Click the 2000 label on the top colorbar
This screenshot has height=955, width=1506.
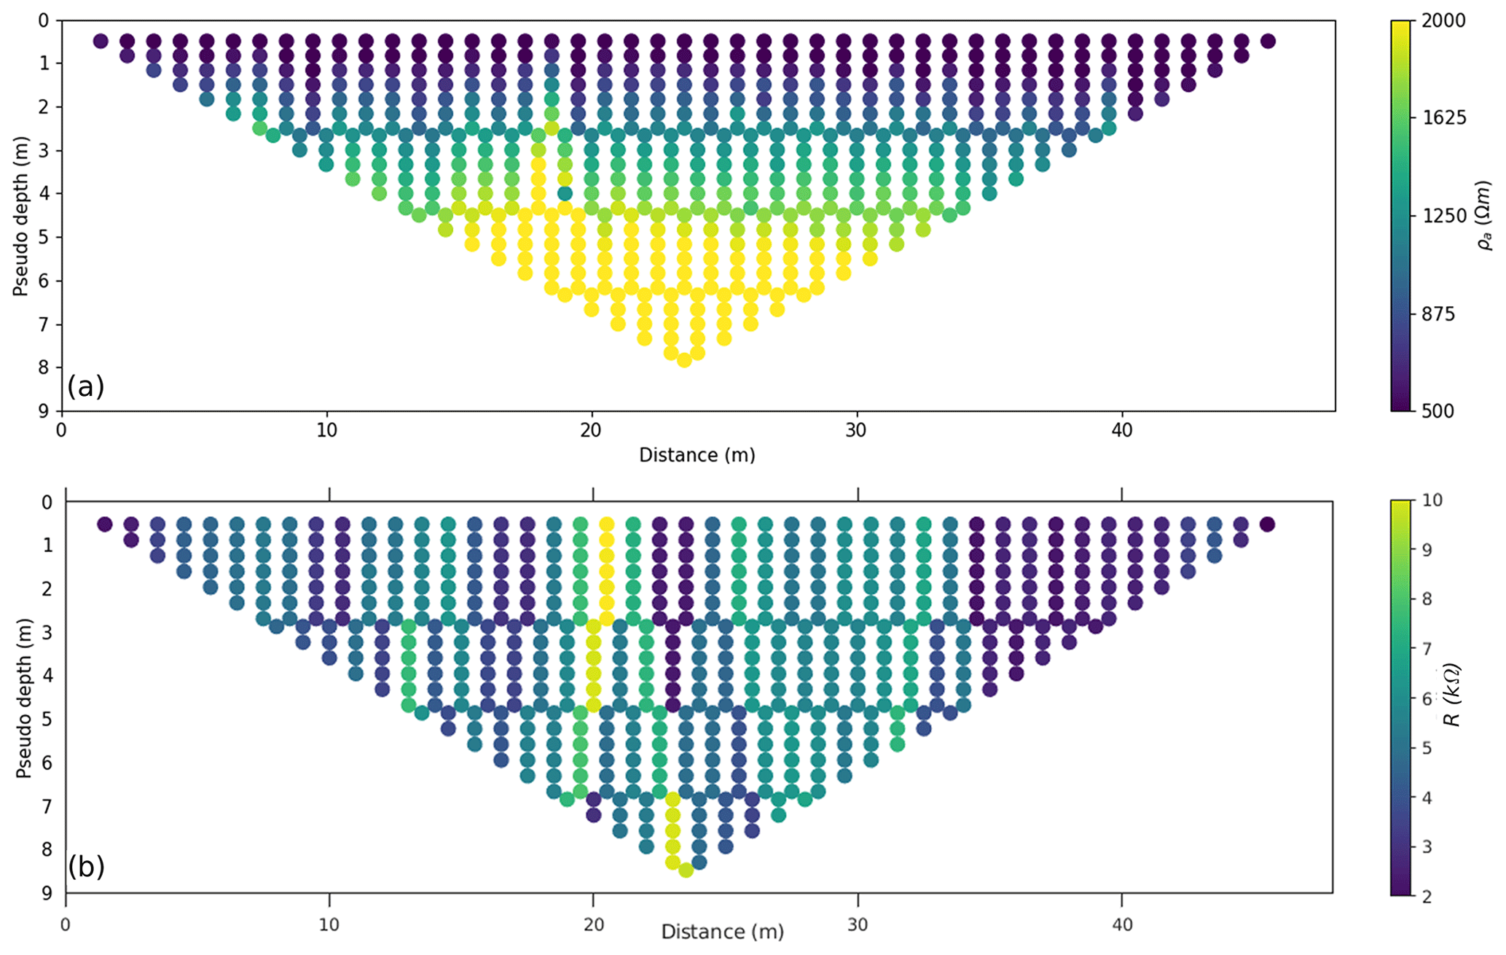(1444, 20)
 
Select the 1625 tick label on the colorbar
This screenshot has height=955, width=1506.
(1444, 118)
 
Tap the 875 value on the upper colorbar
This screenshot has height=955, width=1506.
(1439, 313)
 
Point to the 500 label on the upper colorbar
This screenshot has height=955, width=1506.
(1439, 411)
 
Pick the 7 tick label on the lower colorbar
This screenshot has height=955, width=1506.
(1427, 649)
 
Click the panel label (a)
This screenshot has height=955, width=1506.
(86, 386)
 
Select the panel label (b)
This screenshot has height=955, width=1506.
(86, 867)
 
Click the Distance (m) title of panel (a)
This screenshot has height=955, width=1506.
(697, 456)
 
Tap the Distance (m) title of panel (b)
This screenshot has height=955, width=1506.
(722, 932)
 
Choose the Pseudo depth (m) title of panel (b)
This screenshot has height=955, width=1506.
(24, 698)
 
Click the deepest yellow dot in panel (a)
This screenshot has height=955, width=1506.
(684, 360)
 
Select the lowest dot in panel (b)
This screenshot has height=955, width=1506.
(686, 870)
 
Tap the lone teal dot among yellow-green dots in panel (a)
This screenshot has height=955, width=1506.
(565, 193)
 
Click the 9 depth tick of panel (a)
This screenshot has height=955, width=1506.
(44, 411)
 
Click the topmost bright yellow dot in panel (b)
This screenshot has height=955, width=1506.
(606, 524)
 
